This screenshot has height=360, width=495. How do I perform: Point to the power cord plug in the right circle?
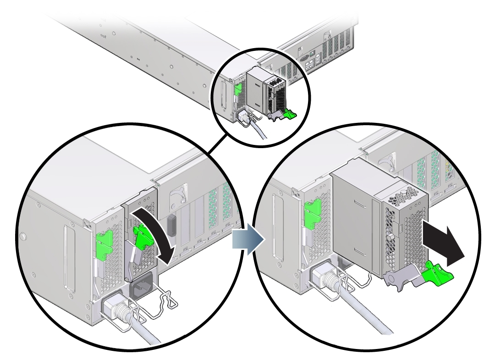pos(327,280)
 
